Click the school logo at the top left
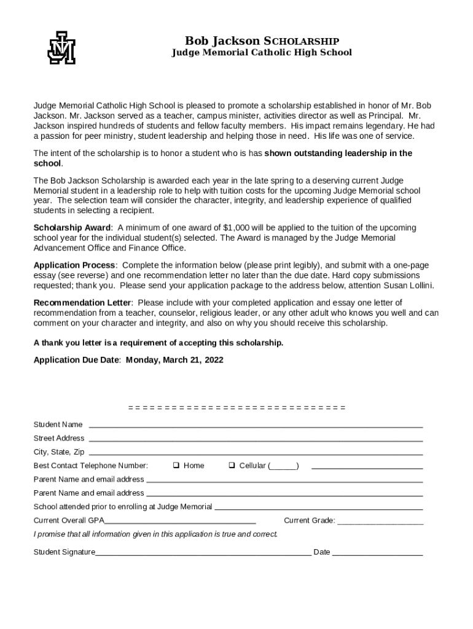[61, 47]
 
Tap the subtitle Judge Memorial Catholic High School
[261, 53]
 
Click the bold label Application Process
[74, 265]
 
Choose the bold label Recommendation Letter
[82, 303]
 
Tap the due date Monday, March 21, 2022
[174, 360]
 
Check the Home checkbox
[176, 465]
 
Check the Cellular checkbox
[232, 465]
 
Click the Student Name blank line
[256, 426]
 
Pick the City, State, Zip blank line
[256, 454]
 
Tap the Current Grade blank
[380, 523]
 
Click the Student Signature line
[203, 554]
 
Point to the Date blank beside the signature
[378, 554]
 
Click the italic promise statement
[155, 534]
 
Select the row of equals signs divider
[237, 408]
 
